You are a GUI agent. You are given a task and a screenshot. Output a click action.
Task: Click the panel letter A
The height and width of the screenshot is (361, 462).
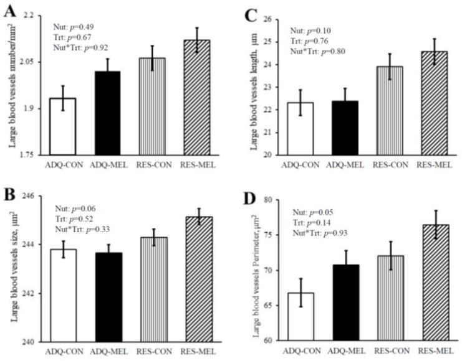pos(9,11)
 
